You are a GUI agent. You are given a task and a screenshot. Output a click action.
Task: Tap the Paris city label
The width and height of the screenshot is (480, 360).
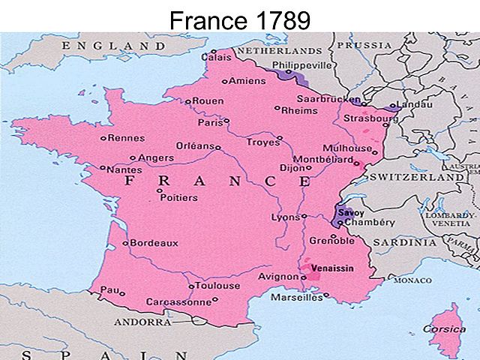point(210,122)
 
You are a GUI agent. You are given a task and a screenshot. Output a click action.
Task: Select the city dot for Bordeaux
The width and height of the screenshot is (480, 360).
point(126,243)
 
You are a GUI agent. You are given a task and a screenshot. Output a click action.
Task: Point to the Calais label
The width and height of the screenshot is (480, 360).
point(217,55)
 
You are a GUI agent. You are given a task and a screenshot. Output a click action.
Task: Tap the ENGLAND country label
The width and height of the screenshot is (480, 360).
point(105,46)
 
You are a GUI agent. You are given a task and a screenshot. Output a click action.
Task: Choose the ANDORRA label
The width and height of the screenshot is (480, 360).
point(142,322)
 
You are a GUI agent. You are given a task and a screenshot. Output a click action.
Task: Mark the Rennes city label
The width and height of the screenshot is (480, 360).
point(126,138)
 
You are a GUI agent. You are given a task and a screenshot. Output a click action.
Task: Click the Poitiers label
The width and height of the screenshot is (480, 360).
point(178,198)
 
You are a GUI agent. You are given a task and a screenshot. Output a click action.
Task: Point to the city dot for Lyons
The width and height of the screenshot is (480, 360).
point(304,217)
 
